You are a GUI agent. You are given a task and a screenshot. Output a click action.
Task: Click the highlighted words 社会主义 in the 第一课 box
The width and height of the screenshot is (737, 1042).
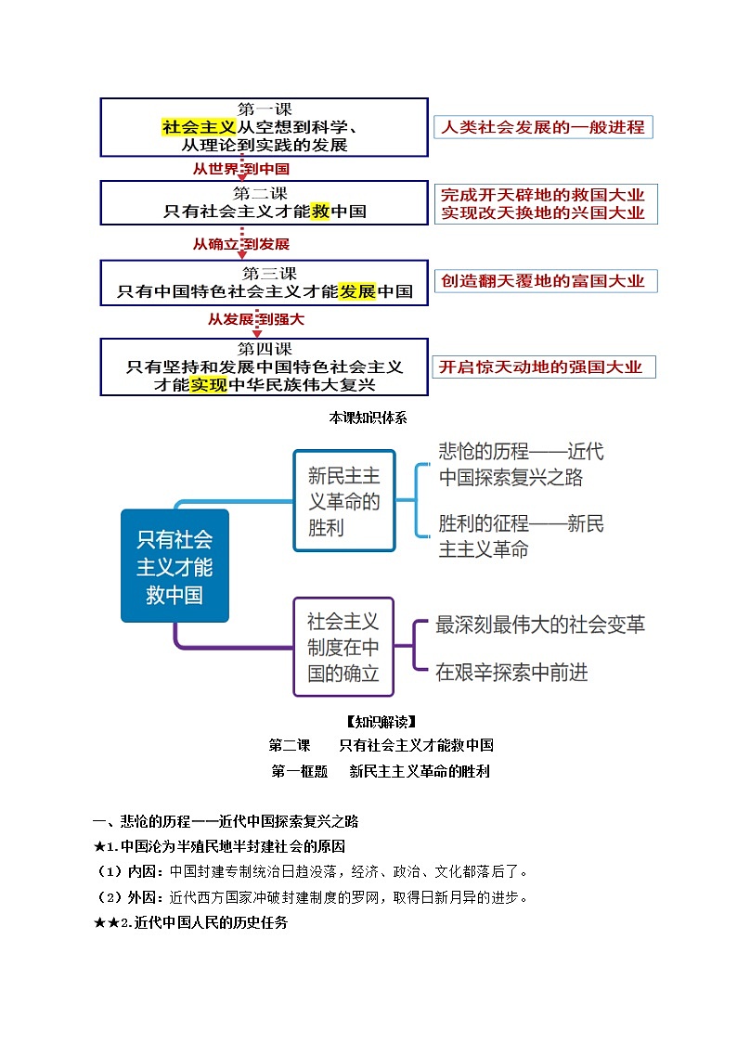click(x=199, y=127)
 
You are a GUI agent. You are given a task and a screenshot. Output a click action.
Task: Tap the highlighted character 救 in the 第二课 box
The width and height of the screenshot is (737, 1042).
click(x=321, y=211)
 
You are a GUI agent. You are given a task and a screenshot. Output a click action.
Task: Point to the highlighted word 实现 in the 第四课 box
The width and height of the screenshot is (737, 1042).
click(x=209, y=384)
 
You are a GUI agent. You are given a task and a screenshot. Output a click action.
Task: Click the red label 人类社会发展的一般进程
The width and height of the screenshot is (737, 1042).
click(x=543, y=127)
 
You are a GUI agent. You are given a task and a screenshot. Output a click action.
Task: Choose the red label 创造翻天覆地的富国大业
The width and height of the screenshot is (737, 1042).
click(x=543, y=280)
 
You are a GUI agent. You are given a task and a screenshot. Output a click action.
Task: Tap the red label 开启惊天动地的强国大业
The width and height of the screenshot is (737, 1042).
click(x=541, y=367)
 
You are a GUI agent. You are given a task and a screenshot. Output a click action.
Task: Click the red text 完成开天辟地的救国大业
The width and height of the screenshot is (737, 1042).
click(x=543, y=195)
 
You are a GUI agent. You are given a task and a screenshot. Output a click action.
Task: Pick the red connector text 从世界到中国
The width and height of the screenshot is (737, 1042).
click(x=241, y=169)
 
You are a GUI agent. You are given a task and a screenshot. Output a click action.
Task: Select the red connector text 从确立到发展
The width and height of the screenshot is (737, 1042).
click(x=241, y=244)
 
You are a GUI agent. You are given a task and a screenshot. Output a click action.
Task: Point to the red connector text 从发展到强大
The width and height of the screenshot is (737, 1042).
click(x=255, y=319)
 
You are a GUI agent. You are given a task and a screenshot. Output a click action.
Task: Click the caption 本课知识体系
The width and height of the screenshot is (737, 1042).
click(x=368, y=418)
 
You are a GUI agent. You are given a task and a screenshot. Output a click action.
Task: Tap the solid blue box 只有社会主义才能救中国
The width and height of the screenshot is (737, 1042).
click(x=175, y=566)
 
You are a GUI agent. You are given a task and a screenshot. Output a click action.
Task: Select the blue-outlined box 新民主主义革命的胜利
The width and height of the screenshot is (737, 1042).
click(x=344, y=502)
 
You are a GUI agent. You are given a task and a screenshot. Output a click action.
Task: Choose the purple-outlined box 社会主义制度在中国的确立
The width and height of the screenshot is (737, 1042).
click(x=343, y=647)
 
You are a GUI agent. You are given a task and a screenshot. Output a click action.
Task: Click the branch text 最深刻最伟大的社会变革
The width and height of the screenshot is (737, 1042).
click(x=540, y=624)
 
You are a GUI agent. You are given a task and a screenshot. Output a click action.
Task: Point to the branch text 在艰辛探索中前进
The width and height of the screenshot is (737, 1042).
click(x=511, y=673)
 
